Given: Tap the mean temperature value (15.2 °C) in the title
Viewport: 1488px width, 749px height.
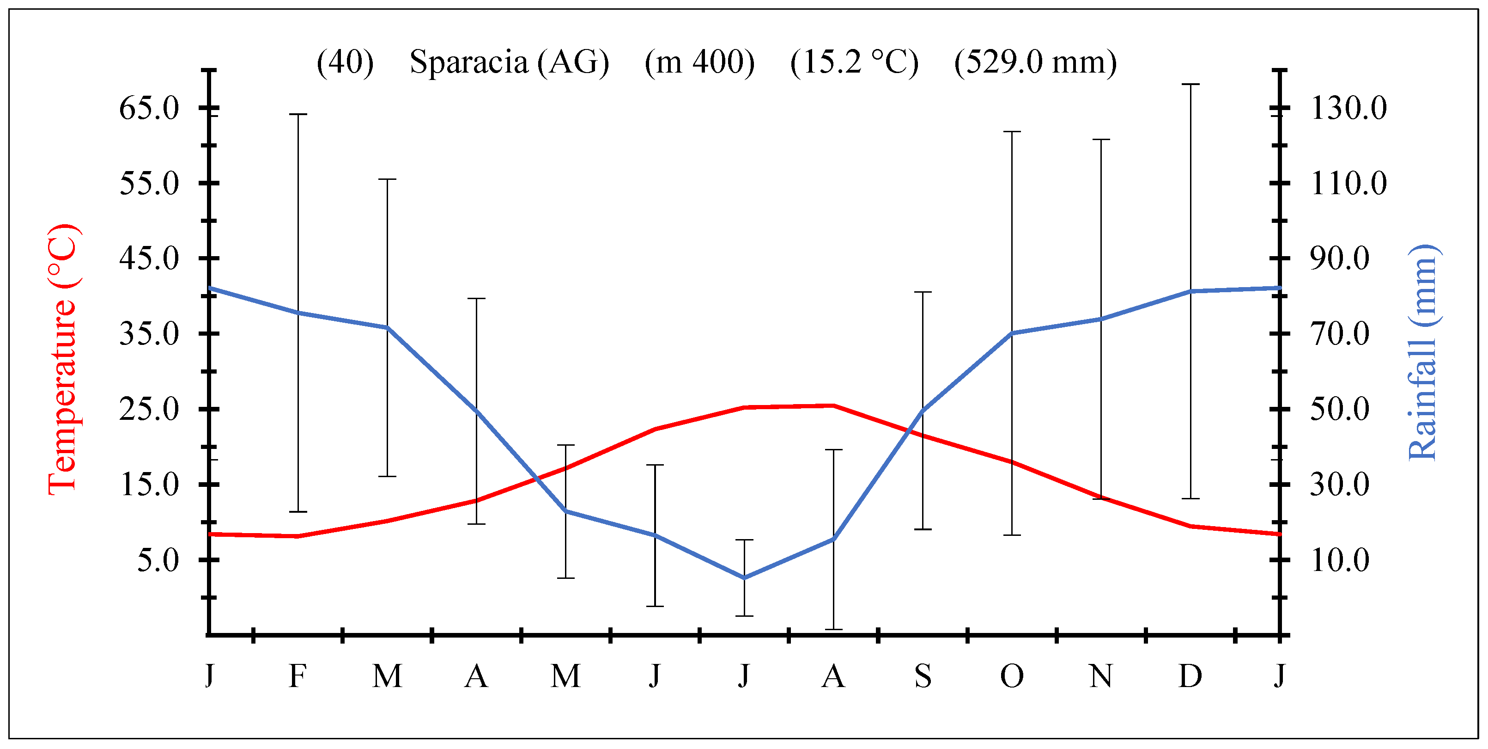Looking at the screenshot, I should pos(854,62).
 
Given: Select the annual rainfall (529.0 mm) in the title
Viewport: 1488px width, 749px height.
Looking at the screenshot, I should pos(1035,62).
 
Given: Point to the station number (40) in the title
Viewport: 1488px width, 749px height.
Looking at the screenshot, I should pos(345,62).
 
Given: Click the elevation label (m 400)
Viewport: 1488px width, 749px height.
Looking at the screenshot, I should pos(699,62).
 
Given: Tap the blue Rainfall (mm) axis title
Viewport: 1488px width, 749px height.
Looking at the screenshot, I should pos(1422,352).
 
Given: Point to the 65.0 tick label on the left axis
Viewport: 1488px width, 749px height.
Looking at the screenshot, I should pos(149,108).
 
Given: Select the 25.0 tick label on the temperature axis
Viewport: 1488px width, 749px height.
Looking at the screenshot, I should pos(149,409).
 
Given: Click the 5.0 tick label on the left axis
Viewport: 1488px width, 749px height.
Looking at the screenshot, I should pos(158,560).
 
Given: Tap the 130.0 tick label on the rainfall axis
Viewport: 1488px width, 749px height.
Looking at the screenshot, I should pos(1348,108).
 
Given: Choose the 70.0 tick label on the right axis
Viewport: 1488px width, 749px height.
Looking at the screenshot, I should pos(1339,334).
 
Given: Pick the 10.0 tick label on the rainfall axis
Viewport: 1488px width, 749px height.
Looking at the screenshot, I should pos(1339,560).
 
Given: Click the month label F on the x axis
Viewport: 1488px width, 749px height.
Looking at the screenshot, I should pos(298,675).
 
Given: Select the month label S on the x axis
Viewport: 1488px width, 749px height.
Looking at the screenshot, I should pos(923,675).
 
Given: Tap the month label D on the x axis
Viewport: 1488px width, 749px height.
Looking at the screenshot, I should pos(1190,675).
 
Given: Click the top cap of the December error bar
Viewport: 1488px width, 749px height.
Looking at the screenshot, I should pos(1190,84).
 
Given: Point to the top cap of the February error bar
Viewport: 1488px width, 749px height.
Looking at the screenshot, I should pos(298,115).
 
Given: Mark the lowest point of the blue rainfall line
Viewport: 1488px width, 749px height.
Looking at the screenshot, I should pos(744,577).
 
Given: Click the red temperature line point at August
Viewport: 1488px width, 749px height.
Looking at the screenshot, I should pos(833,406).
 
